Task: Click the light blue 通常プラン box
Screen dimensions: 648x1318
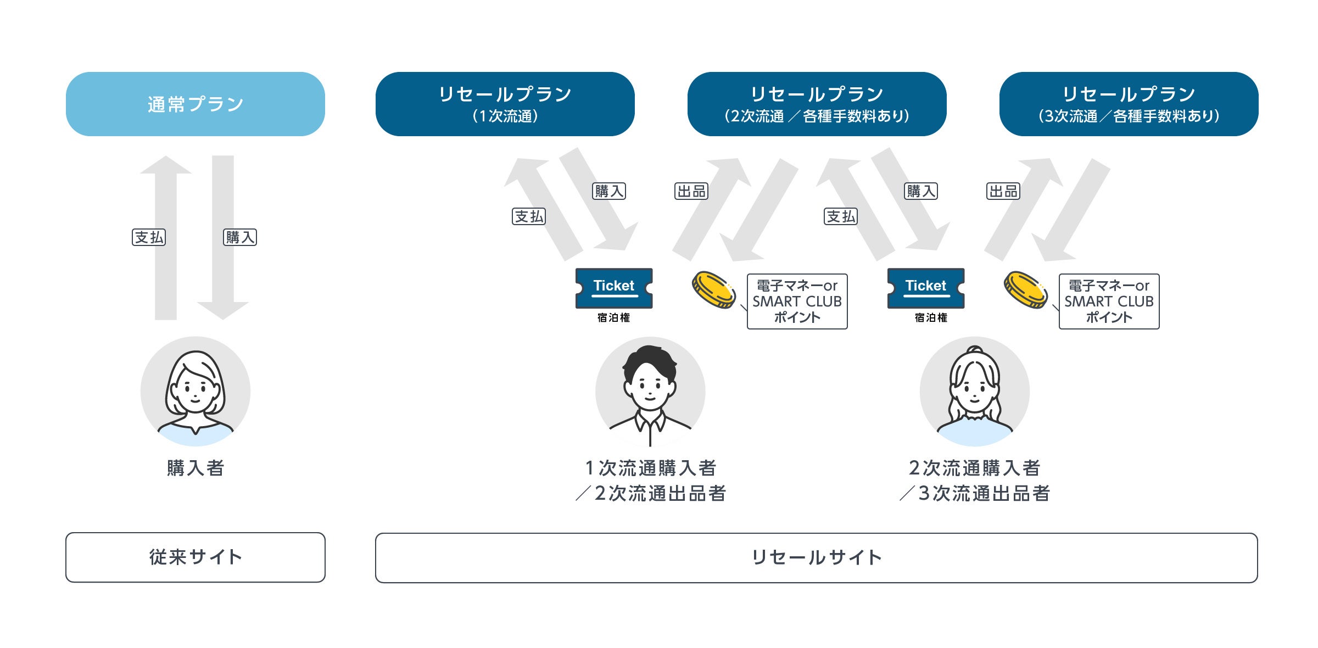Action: tap(195, 104)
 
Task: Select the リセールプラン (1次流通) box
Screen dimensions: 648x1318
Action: tap(505, 104)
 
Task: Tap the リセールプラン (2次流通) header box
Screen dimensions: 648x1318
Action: tap(817, 104)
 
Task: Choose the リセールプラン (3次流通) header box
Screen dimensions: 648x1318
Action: tap(1129, 104)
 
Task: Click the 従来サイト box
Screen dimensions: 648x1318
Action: tap(195, 557)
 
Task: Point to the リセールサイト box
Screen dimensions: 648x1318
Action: tap(816, 557)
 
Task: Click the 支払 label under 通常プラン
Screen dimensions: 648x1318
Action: tap(149, 237)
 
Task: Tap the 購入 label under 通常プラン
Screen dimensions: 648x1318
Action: tap(240, 237)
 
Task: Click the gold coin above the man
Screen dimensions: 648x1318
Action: tap(713, 289)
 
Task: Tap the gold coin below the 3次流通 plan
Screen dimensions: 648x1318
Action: tap(1025, 289)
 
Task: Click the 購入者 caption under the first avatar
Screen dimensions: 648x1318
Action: tap(196, 468)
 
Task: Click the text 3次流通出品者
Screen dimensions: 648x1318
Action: tap(984, 493)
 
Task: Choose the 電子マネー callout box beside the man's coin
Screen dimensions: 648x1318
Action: tap(797, 301)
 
